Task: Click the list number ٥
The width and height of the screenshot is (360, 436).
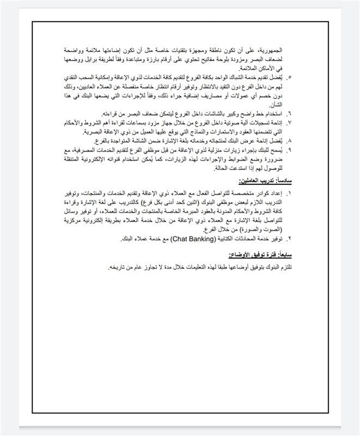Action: (289, 78)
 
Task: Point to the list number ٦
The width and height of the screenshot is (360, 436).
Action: (289, 113)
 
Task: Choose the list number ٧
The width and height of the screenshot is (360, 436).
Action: (289, 123)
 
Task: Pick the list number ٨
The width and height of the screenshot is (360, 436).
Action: (289, 140)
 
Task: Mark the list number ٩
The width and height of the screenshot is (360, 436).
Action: (289, 149)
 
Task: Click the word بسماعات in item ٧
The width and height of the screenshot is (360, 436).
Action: (145, 123)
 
